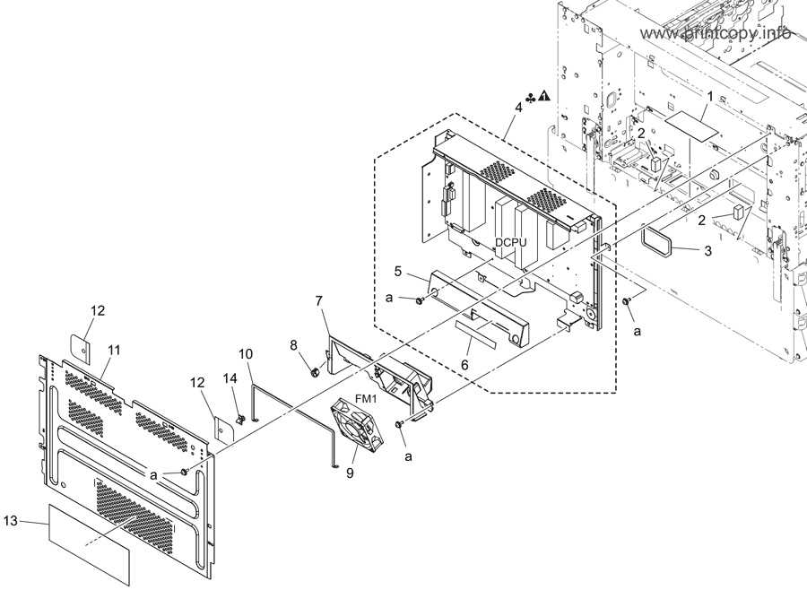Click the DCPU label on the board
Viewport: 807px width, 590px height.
[511, 242]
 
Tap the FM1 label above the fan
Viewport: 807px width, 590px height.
[366, 399]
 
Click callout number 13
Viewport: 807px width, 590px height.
[10, 520]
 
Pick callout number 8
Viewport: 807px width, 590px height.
[294, 345]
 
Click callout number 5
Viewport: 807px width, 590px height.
[397, 271]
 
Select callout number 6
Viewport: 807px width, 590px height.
[464, 365]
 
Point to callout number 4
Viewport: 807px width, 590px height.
[518, 108]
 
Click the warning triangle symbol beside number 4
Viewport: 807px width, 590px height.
[544, 96]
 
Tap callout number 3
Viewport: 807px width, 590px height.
[708, 251]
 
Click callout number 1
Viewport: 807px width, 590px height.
[710, 96]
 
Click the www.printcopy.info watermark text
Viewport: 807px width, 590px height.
[716, 33]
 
